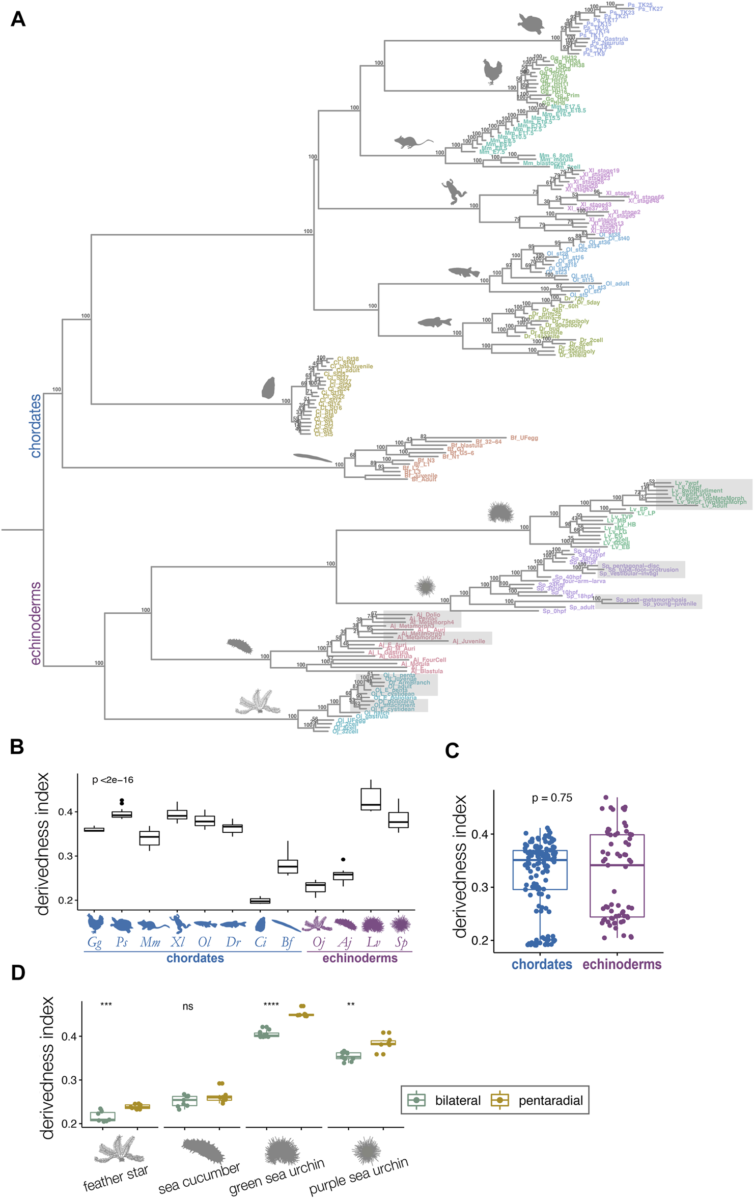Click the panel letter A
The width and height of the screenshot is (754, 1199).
tap(18, 19)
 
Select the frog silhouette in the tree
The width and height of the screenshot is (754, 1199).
tap(453, 192)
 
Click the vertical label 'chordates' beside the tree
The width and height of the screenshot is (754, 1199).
tap(35, 426)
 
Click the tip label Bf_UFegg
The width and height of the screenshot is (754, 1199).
tap(524, 438)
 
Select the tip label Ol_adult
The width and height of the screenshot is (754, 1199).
tap(617, 284)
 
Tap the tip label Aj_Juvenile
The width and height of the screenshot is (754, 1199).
tap(468, 641)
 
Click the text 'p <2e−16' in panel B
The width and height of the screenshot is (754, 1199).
tap(113, 780)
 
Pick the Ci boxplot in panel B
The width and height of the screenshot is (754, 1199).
tap(260, 901)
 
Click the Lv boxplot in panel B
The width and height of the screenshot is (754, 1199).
tap(371, 799)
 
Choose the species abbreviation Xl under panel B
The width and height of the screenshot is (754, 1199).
tap(178, 942)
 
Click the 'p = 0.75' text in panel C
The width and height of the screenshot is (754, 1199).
tap(552, 798)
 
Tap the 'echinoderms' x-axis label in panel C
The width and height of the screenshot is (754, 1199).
tap(622, 964)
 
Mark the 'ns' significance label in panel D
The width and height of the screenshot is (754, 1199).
tap(188, 1006)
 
